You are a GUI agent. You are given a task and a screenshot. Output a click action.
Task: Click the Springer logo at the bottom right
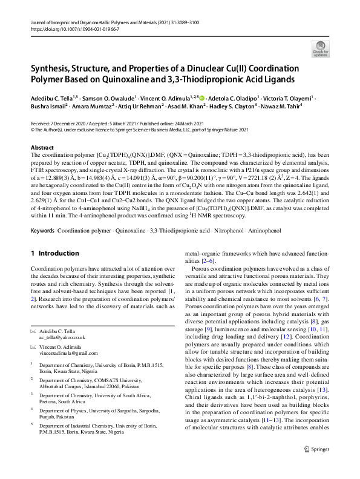coord(318,465)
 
